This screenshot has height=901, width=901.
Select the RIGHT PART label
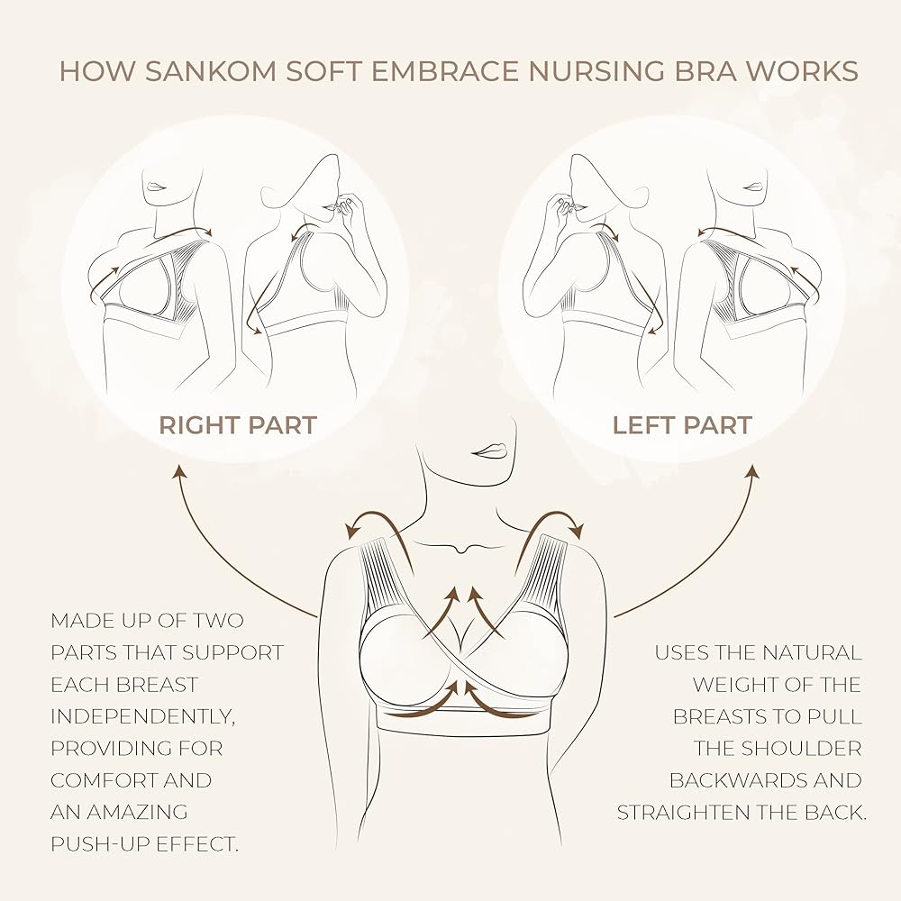pos(238,425)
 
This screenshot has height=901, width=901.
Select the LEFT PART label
pos(682,425)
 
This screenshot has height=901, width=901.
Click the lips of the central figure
pos(490,450)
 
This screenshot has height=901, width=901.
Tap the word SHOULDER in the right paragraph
pos(806,749)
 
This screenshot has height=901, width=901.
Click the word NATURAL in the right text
pos(809,652)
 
